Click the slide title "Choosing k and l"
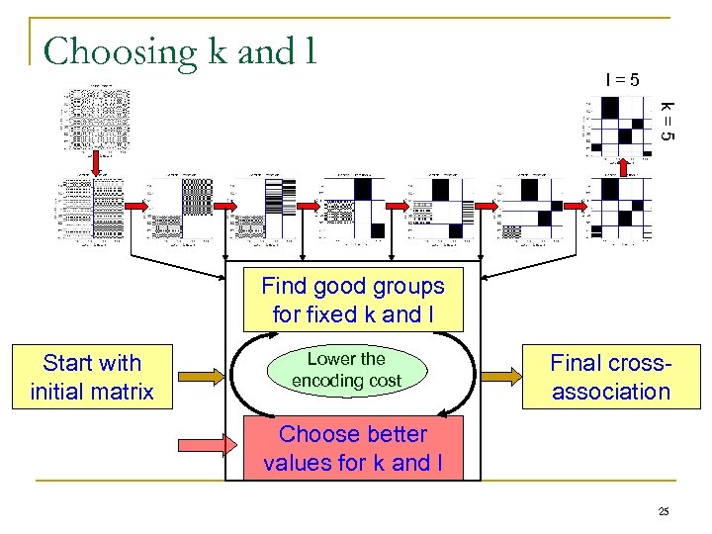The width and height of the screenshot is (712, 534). coord(179,50)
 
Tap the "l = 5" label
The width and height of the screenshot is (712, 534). coord(622,79)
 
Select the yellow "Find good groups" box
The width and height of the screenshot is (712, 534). coord(353,301)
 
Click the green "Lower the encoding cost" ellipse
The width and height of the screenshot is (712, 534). coord(346,370)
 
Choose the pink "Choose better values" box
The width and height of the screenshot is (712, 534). coord(353,448)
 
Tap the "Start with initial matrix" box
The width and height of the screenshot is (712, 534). coord(92,377)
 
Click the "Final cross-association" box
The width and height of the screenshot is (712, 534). coord(610,377)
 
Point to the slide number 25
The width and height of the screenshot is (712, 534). coord(664,511)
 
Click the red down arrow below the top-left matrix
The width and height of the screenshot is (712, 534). coord(96,163)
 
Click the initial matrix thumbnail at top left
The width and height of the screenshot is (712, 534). coord(96,117)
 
